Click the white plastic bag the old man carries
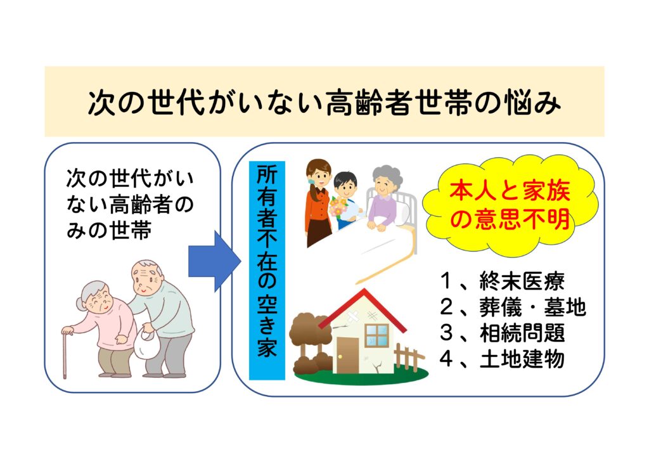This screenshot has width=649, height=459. pyautogui.click(x=147, y=344)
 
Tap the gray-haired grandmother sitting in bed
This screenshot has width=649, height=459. pyautogui.click(x=385, y=198)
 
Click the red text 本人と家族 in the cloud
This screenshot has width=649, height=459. pyautogui.click(x=510, y=191)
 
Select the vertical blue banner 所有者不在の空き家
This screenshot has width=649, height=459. pyautogui.click(x=267, y=271)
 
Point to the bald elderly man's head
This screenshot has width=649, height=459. pyautogui.click(x=146, y=276)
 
